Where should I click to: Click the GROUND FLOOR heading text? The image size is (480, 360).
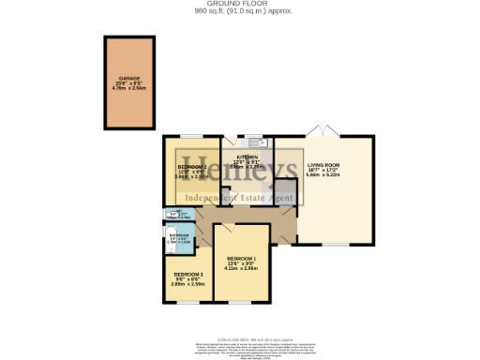[x=239, y=5]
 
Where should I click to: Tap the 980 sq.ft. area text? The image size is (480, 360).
[x=239, y=12]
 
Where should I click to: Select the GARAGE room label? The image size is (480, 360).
[x=129, y=78]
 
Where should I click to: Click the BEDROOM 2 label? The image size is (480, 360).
[x=191, y=166]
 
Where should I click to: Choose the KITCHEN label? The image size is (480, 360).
[x=247, y=157]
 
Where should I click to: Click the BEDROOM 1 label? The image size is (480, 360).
[x=242, y=258]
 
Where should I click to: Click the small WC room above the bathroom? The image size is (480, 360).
[x=177, y=217]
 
